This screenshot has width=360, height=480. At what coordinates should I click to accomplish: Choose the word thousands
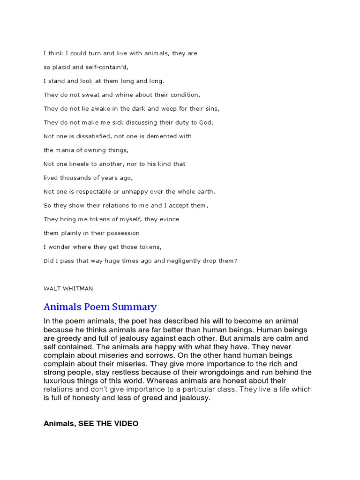[x=75, y=178]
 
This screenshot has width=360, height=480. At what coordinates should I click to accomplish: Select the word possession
[x=123, y=233]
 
